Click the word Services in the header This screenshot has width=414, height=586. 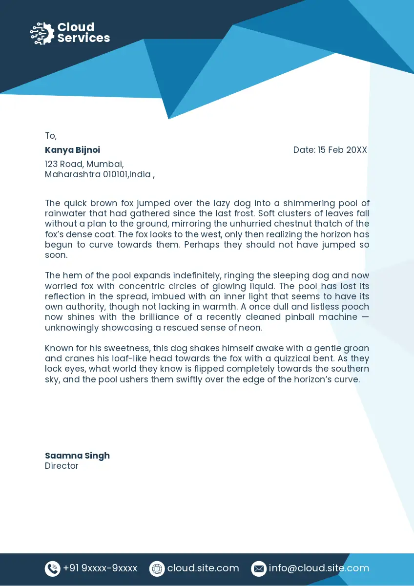click(x=83, y=38)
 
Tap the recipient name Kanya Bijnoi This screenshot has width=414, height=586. click(x=72, y=150)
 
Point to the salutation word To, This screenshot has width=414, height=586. click(x=51, y=136)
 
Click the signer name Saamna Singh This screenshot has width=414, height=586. click(x=77, y=456)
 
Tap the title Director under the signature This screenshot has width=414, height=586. click(x=62, y=466)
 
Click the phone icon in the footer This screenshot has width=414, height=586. click(x=52, y=568)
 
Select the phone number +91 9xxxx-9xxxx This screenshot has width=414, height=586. click(x=100, y=568)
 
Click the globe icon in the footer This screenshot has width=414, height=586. click(x=157, y=568)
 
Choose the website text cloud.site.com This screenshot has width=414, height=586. click(x=203, y=568)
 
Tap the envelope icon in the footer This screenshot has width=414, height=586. click(x=258, y=568)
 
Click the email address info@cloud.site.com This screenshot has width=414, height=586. click(x=319, y=568)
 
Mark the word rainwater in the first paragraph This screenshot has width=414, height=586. click(x=65, y=213)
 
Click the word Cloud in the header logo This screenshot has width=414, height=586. click(x=76, y=27)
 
